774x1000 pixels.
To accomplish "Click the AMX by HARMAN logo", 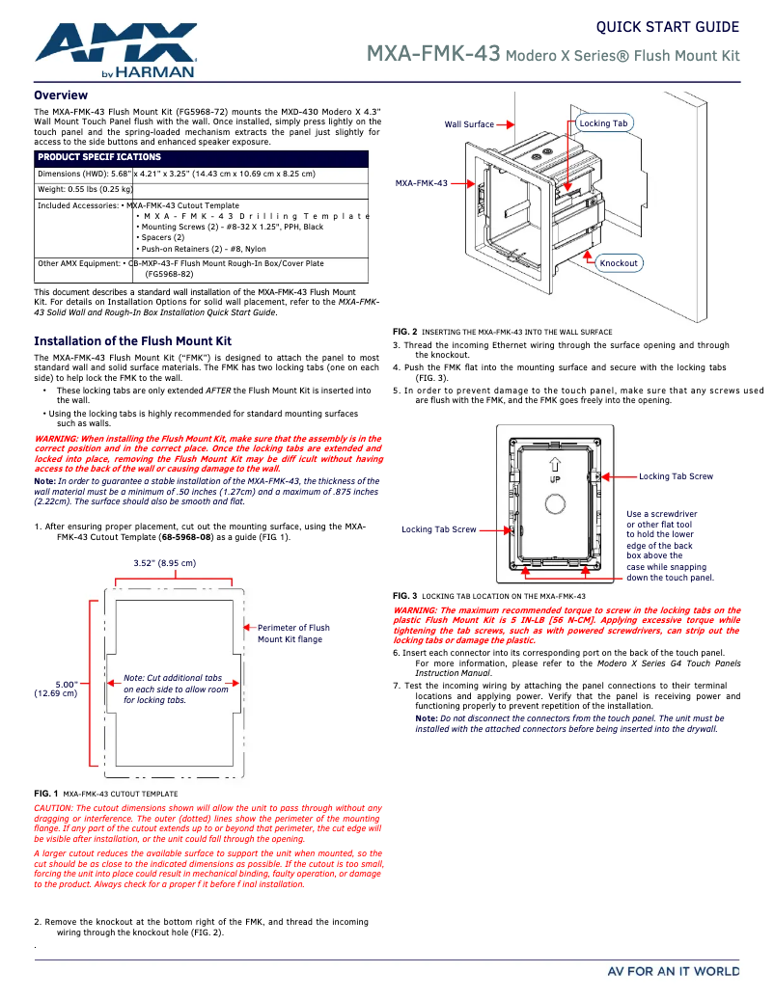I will [116, 50].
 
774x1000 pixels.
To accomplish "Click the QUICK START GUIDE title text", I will [667, 27].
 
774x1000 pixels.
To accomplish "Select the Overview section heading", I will [61, 95].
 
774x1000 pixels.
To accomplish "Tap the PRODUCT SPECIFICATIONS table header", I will [99, 157].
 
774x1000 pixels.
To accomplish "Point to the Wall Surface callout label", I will [469, 124].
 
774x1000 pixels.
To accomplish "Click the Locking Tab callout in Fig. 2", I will [603, 123].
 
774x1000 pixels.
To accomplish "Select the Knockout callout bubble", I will [619, 262].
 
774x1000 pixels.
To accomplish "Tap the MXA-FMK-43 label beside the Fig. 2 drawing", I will [422, 183].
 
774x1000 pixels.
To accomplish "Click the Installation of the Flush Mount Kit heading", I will [132, 341].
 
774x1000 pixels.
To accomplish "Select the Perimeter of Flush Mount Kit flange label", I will [293, 634].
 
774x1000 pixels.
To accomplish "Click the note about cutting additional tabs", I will [176, 689].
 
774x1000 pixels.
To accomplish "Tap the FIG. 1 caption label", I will [45, 794].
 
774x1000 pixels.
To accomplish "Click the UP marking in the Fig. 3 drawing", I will [555, 479].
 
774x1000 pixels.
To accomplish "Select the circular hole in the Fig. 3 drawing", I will [555, 504].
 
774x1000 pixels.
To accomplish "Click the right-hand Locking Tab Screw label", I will [676, 476].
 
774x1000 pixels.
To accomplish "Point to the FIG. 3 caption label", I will [404, 596].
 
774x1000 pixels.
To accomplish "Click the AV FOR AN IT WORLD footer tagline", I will [673, 970].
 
